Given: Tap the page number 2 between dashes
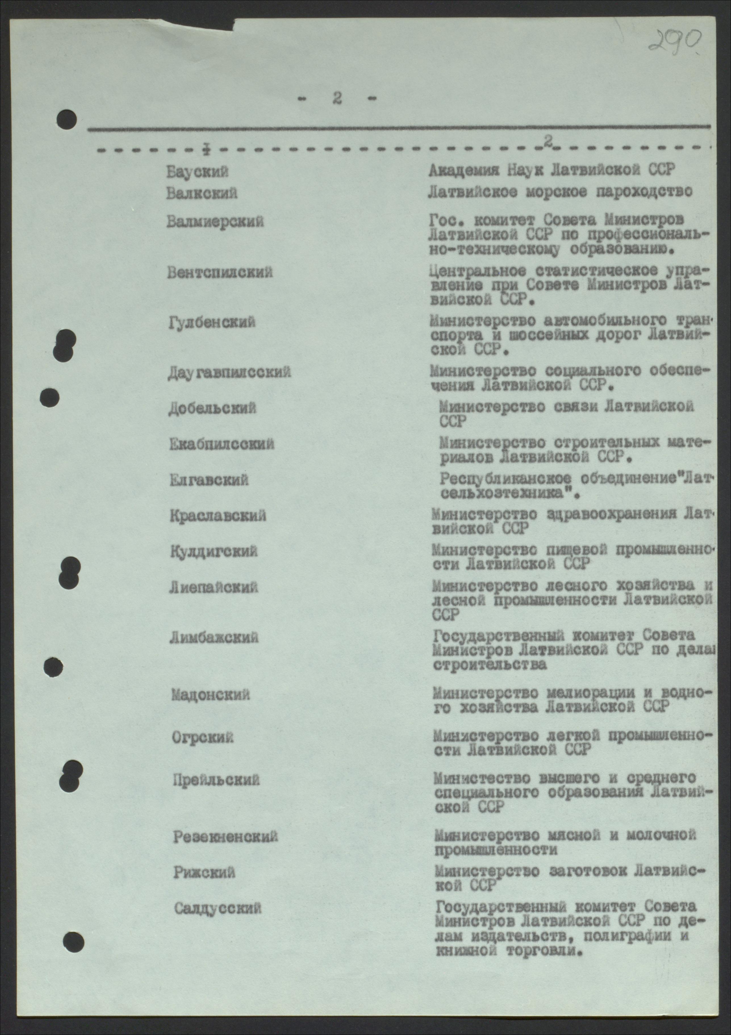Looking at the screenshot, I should tap(337, 98).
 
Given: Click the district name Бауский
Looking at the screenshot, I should tap(198, 172).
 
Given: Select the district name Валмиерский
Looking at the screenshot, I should tap(215, 222).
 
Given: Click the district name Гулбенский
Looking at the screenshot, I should tap(212, 322).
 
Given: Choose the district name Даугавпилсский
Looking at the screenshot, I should tap(229, 372).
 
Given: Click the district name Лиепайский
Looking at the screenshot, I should tap(214, 587).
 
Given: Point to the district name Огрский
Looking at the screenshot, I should tap(203, 738).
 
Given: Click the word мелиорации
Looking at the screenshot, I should tap(579, 693).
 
